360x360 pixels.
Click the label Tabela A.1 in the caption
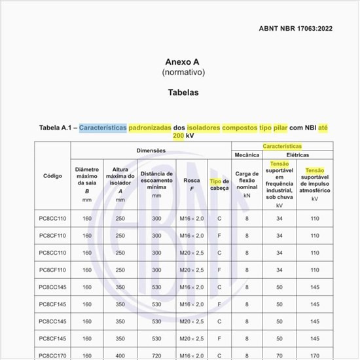(x=57, y=127)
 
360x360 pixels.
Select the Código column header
(x=52, y=176)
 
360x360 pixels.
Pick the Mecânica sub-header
(x=247, y=154)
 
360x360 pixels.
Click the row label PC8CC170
(x=53, y=355)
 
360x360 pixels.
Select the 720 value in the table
(x=156, y=355)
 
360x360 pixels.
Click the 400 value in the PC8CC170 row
(x=120, y=355)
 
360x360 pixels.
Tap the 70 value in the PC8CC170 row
(x=279, y=355)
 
